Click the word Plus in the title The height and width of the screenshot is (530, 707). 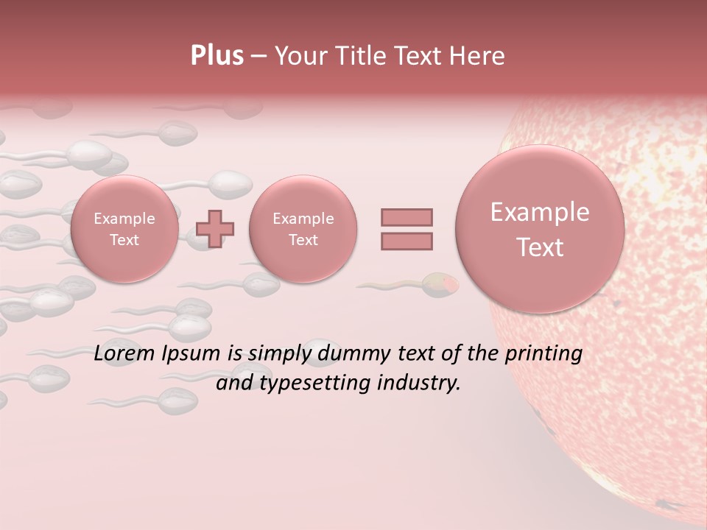click(217, 55)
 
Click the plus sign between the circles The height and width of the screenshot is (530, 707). click(215, 228)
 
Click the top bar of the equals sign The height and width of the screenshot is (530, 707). click(407, 217)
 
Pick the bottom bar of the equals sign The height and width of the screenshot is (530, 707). click(407, 241)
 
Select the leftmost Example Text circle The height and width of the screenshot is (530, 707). click(124, 229)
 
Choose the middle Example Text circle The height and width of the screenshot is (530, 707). click(303, 229)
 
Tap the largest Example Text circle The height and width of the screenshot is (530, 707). click(540, 229)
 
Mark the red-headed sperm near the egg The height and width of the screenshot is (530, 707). click(440, 283)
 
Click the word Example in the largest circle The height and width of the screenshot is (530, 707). click(540, 212)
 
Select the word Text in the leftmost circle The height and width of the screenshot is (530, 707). click(124, 240)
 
